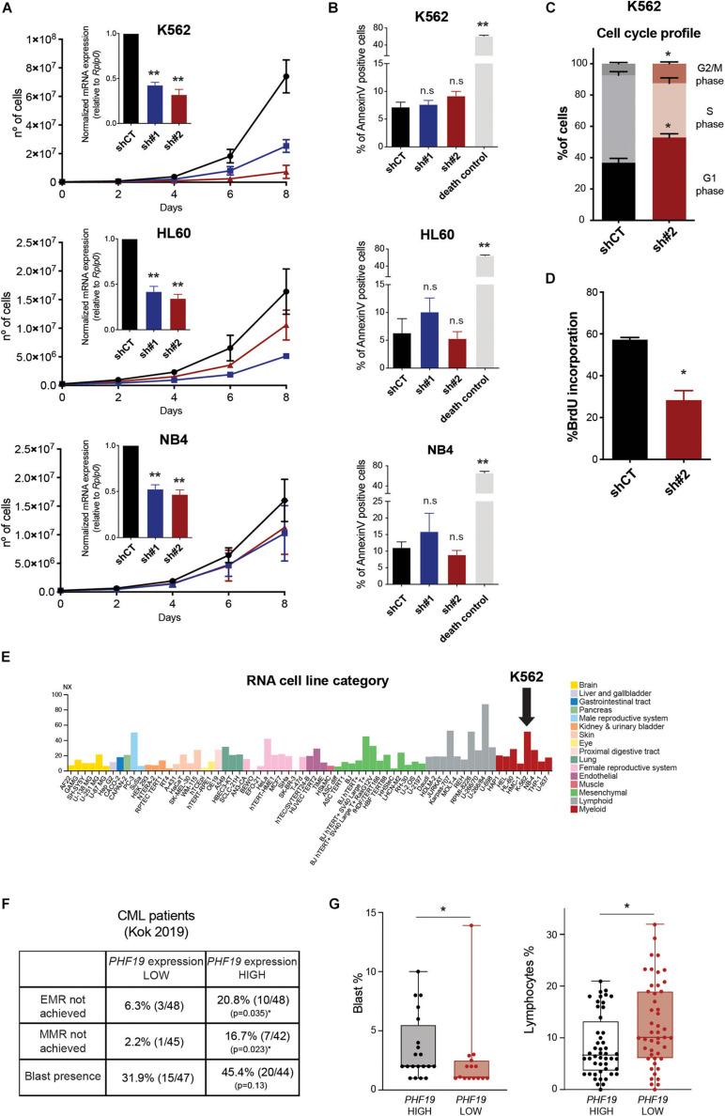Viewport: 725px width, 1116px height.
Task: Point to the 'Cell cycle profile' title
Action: [619, 45]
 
